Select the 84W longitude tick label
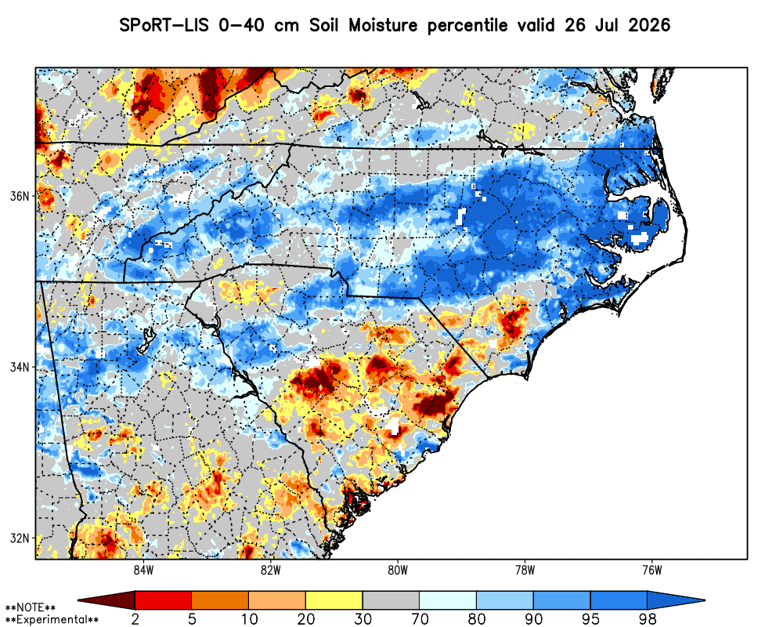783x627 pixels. click(x=143, y=570)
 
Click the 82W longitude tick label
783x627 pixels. click(x=271, y=570)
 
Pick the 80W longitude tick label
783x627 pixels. click(x=398, y=570)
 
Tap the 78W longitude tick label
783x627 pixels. click(x=525, y=570)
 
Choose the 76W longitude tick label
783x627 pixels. click(x=653, y=570)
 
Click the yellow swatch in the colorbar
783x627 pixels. click(x=334, y=600)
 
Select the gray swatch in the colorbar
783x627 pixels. click(x=391, y=600)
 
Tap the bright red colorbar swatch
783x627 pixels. click(x=164, y=600)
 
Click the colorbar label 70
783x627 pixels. click(x=420, y=619)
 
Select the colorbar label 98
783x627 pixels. click(x=648, y=619)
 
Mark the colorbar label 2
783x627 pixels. click(x=135, y=619)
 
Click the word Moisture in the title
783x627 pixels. click(x=383, y=24)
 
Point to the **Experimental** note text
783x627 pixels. click(x=52, y=620)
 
